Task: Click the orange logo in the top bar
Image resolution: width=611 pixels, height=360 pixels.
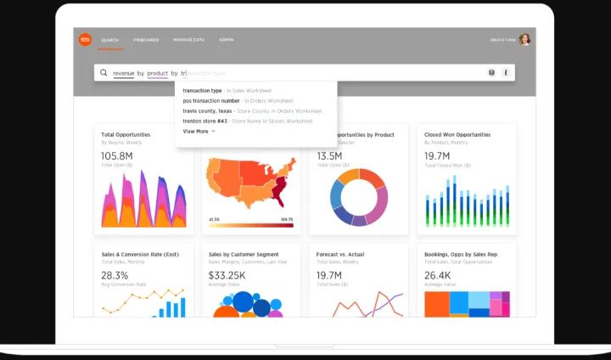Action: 85,39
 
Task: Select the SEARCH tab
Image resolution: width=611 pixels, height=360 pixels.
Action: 109,40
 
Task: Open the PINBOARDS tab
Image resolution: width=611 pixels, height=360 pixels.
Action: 146,40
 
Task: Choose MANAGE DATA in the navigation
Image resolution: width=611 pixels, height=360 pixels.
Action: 188,40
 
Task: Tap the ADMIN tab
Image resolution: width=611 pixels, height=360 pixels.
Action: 227,40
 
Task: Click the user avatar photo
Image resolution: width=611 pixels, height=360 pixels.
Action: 525,39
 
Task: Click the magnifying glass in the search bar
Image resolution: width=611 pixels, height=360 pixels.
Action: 104,73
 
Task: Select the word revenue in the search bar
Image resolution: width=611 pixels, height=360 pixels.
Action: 123,73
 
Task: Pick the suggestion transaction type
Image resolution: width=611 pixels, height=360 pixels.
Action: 202,90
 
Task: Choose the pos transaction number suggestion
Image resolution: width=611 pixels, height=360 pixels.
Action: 210,100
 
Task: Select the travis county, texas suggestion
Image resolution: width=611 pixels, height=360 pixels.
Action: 207,110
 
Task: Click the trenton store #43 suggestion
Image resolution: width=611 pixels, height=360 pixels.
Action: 205,121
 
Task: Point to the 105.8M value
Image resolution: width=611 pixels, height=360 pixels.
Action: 117,156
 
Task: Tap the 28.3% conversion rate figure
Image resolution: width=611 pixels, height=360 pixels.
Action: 115,275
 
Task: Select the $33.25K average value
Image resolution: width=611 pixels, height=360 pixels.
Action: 227,275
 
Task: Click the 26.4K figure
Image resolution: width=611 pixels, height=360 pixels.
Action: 438,275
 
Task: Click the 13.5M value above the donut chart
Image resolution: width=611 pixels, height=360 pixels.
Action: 329,156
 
